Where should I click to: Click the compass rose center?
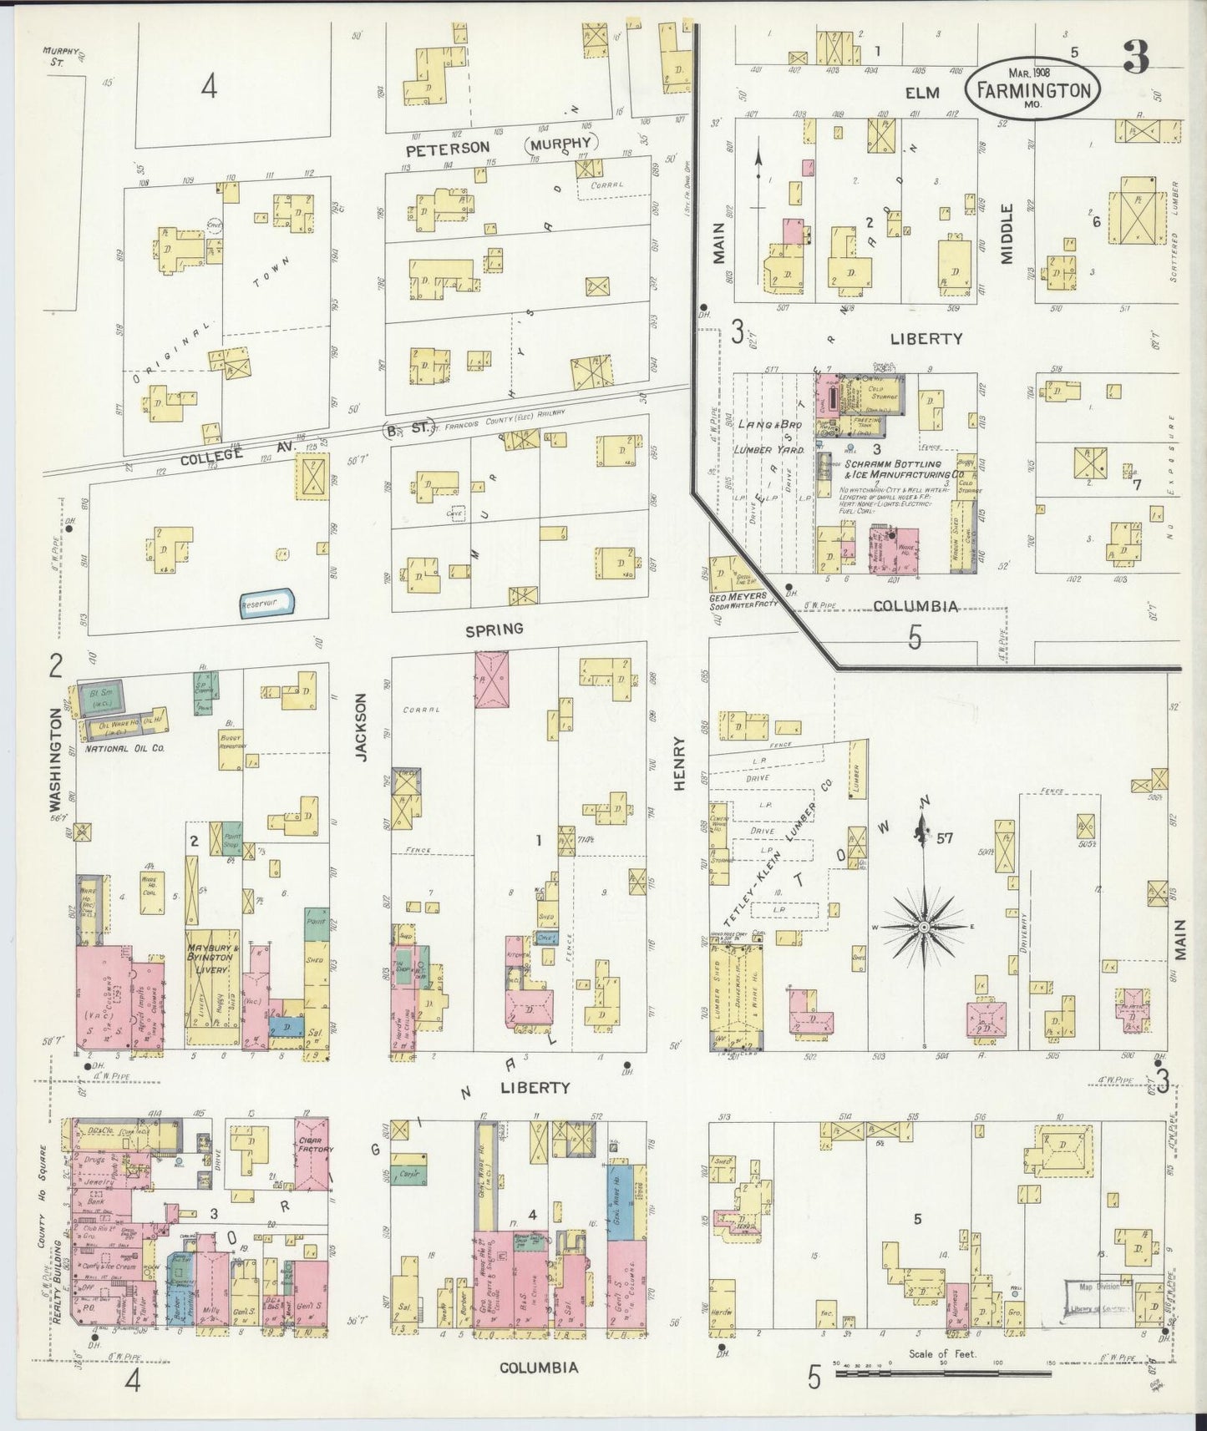point(925,928)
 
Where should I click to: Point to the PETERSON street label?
point(447,148)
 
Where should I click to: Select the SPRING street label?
point(494,628)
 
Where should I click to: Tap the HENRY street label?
point(679,761)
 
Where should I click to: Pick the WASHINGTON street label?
point(56,760)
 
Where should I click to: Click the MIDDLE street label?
point(1007,234)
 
